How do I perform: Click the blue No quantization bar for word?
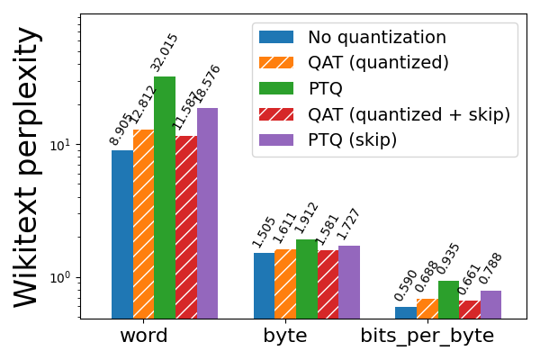[121, 234]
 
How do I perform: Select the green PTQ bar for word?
[165, 198]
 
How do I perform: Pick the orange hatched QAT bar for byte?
[285, 283]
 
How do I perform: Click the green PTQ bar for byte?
[307, 279]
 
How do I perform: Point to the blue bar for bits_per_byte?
[406, 312]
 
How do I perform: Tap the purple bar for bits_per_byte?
[490, 304]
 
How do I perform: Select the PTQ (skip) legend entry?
[352, 140]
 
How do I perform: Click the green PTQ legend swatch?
[276, 89]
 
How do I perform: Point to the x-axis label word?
[143, 337]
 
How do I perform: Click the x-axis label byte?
[285, 337]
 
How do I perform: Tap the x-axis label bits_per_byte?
[427, 337]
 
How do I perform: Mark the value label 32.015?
[164, 52]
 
